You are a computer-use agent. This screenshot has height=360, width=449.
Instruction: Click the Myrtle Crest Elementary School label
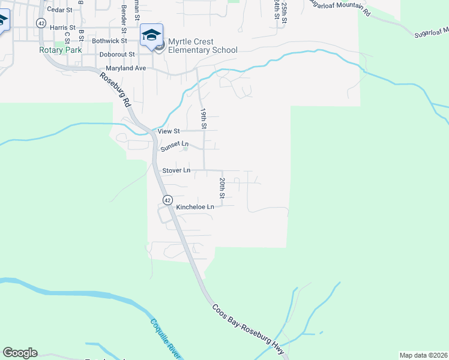(x=203, y=46)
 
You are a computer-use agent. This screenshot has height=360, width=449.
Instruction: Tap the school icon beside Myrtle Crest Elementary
(x=152, y=34)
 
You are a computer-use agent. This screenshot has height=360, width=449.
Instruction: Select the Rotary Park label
(x=60, y=50)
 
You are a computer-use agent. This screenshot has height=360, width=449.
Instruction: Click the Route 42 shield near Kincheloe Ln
(x=167, y=199)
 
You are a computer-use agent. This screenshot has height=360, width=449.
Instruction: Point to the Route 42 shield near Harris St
(x=41, y=23)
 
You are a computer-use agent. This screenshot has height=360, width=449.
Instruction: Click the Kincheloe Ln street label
(x=195, y=207)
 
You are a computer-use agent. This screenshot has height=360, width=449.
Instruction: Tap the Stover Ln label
(x=176, y=170)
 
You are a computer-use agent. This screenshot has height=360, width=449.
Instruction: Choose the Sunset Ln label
(x=175, y=145)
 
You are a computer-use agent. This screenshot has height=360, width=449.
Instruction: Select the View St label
(x=168, y=131)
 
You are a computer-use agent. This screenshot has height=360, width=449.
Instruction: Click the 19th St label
(x=203, y=119)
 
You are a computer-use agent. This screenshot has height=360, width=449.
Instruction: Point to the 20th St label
(x=222, y=188)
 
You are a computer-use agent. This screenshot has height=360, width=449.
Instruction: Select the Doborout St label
(x=116, y=54)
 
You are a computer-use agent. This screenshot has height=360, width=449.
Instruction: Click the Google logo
(x=20, y=353)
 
